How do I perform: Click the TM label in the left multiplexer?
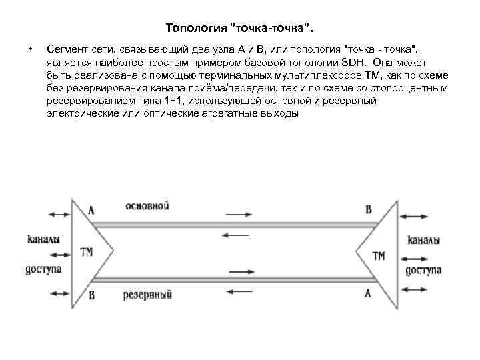(87, 253)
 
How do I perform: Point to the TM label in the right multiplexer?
(379, 255)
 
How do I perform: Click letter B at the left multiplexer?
(91, 295)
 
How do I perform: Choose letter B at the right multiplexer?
(369, 209)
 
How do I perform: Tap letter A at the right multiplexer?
(368, 293)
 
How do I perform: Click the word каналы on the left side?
(44, 239)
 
